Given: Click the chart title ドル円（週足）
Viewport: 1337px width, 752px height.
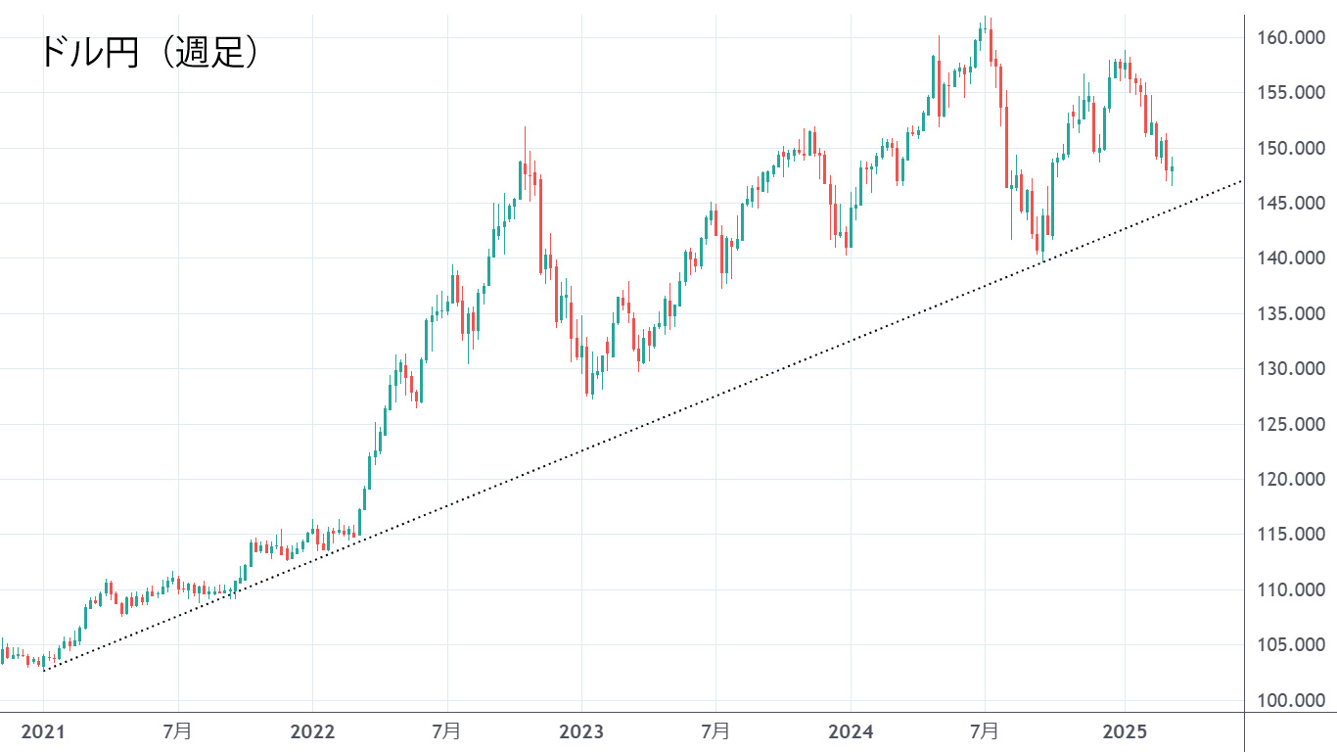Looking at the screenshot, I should tap(149, 52).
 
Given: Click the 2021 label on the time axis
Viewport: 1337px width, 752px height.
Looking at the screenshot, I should tap(43, 731).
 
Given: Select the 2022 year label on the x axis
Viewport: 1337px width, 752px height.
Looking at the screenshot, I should tap(312, 731).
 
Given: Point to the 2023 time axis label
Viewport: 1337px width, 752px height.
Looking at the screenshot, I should tap(581, 731).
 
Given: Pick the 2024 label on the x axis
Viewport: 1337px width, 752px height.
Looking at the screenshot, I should tap(851, 731).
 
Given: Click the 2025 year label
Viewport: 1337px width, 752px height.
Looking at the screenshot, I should tap(1124, 731).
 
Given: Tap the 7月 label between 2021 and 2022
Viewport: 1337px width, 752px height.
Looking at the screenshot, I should tap(177, 731).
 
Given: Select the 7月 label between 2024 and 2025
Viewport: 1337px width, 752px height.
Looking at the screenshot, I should tap(985, 731).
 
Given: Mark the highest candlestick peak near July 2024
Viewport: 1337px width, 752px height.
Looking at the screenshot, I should tap(987, 18).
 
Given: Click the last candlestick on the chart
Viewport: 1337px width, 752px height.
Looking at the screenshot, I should tap(1172, 169).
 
